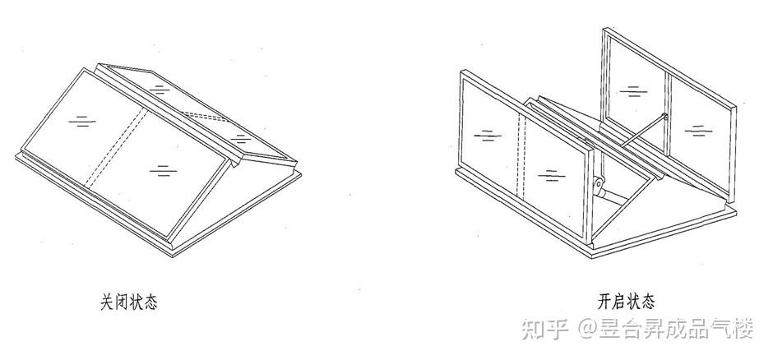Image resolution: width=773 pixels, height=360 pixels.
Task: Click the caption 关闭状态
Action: tap(128, 302)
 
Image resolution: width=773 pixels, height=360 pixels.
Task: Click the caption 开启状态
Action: tap(627, 301)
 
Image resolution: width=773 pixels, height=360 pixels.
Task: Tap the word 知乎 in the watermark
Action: tap(545, 330)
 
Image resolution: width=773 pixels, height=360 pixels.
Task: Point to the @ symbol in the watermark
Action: tap(586, 331)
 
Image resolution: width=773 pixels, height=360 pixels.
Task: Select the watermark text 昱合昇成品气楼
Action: tap(676, 330)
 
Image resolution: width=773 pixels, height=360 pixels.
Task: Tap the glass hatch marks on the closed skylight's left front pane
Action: tap(80, 121)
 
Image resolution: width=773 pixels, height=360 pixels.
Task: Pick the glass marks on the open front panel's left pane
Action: tap(488, 133)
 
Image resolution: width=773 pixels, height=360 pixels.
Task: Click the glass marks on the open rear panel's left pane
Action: tap(632, 90)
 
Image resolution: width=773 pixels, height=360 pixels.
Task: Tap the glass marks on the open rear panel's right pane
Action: tap(697, 129)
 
